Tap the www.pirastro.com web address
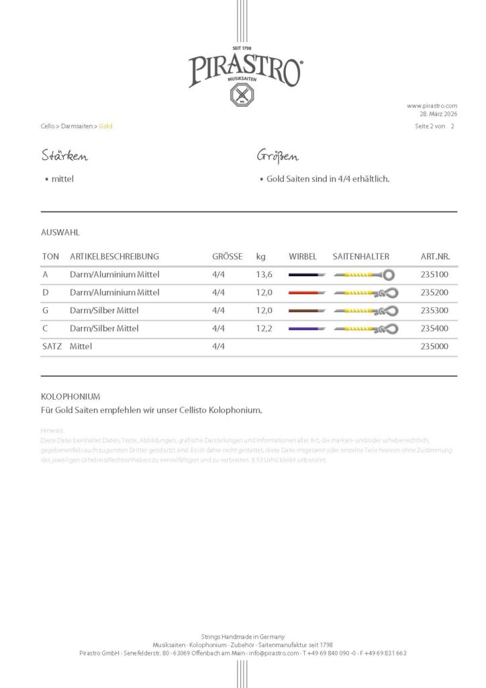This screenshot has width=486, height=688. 432,105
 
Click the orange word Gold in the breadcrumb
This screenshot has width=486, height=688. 105,126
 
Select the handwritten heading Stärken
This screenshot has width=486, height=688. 64,157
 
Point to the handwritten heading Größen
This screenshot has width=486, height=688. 277,157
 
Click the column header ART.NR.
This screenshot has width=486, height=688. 435,257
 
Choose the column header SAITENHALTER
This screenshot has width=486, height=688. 360,257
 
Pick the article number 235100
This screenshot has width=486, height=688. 434,275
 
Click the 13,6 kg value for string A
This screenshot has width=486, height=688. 264,275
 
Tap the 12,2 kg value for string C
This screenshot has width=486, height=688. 264,329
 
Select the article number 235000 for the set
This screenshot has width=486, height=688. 434,347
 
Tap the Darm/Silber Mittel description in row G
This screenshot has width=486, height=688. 104,310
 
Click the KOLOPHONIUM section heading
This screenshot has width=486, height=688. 70,397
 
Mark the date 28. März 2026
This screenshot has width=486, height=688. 438,114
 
